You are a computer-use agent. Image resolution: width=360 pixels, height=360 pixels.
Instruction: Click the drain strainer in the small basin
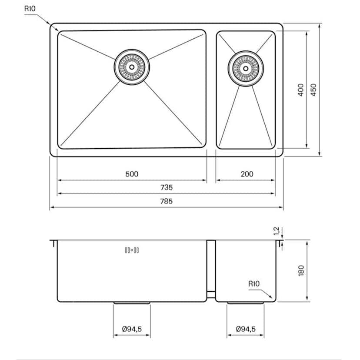pyautogui.click(x=245, y=69)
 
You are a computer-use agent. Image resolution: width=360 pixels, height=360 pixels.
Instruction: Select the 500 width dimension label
pyautogui.click(x=132, y=174)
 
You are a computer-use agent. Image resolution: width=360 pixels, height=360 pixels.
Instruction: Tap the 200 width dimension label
pyautogui.click(x=247, y=174)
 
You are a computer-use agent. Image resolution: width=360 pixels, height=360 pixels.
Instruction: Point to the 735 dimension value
pyautogui.click(x=167, y=187)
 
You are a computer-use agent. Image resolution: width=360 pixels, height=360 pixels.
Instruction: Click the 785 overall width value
pyautogui.click(x=167, y=201)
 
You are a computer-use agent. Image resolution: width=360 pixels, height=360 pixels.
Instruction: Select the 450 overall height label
pyautogui.click(x=314, y=90)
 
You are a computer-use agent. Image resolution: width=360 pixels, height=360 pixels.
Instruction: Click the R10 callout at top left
pyautogui.click(x=30, y=8)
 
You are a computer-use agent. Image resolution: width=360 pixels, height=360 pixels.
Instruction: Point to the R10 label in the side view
pyautogui.click(x=254, y=284)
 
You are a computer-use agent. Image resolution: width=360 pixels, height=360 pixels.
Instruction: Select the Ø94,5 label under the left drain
pyautogui.click(x=132, y=329)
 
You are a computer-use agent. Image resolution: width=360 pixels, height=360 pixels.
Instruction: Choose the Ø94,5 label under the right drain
pyautogui.click(x=246, y=329)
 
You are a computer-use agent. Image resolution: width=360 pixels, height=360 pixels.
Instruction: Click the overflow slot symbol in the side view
pyautogui.click(x=132, y=250)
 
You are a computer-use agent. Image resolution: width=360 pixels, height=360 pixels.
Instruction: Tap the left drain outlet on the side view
pyautogui.click(x=132, y=303)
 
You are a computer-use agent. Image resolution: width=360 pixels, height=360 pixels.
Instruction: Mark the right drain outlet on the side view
pyautogui.click(x=245, y=303)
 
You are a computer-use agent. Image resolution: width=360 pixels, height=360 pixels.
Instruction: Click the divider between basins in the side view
pyautogui.click(x=211, y=270)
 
